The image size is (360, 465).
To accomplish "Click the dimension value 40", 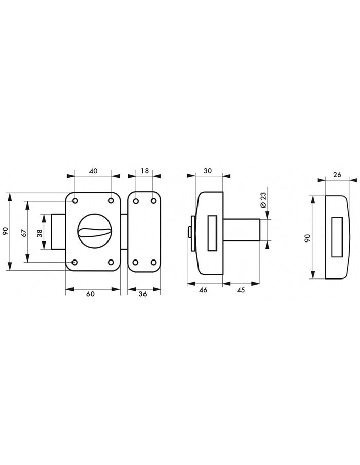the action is pos(93,171).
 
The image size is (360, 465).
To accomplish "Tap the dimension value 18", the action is pos(145,171).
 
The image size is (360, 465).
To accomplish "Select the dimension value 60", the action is pos(90,294).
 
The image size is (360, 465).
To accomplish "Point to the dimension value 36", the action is pos(143,294).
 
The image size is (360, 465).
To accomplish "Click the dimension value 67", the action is pos(24,232).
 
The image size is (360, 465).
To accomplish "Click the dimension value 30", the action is pos(208,171).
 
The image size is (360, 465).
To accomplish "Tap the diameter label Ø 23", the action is pos(263,200).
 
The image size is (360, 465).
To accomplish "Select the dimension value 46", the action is pos(203,290).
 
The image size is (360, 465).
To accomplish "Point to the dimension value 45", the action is pos(241,290).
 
